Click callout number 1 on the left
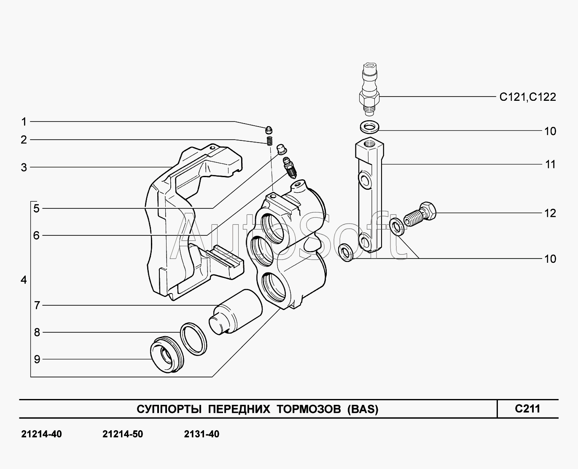[24, 122]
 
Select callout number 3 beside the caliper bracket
[24, 167]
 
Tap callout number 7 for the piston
[37, 305]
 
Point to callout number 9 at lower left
[37, 359]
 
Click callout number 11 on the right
[550, 164]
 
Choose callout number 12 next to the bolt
[550, 213]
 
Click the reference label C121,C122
[527, 97]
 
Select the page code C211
[527, 408]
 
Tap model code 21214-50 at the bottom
[123, 434]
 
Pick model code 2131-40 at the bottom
[202, 434]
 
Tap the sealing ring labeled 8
[194, 338]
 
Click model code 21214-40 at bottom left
[41, 434]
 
